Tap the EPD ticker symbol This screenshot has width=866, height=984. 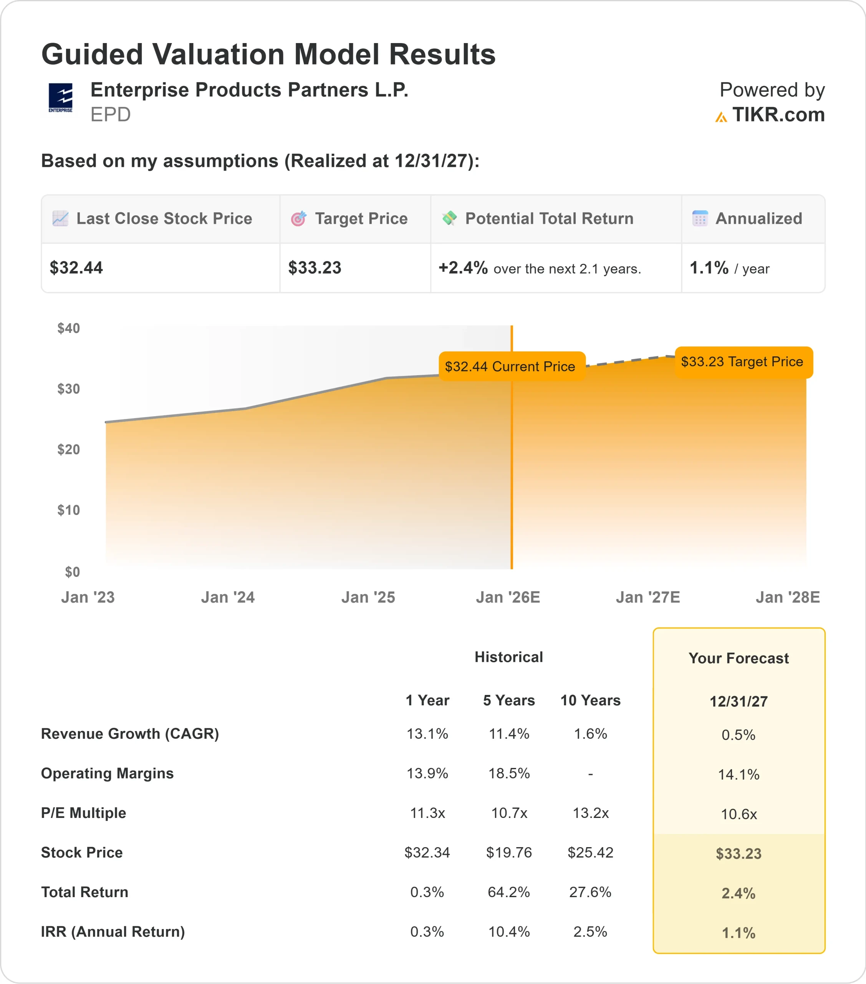tap(111, 115)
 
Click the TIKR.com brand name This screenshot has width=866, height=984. tap(778, 115)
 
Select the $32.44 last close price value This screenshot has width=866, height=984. tap(76, 268)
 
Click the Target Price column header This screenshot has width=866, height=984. tap(361, 219)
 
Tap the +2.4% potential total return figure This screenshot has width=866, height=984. tap(463, 268)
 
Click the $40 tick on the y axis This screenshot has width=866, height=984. tap(68, 328)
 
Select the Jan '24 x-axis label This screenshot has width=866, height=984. tap(228, 597)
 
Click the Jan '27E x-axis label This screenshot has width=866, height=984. tap(647, 597)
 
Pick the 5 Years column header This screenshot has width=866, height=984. tap(508, 700)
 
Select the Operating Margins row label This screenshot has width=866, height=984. tap(107, 773)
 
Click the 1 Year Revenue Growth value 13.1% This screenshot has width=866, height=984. tap(427, 734)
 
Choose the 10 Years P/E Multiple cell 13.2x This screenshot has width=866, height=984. tap(590, 813)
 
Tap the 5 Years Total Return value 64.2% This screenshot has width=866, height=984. tap(508, 892)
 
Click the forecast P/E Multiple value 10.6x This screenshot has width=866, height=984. tap(739, 814)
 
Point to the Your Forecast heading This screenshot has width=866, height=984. tap(739, 658)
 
